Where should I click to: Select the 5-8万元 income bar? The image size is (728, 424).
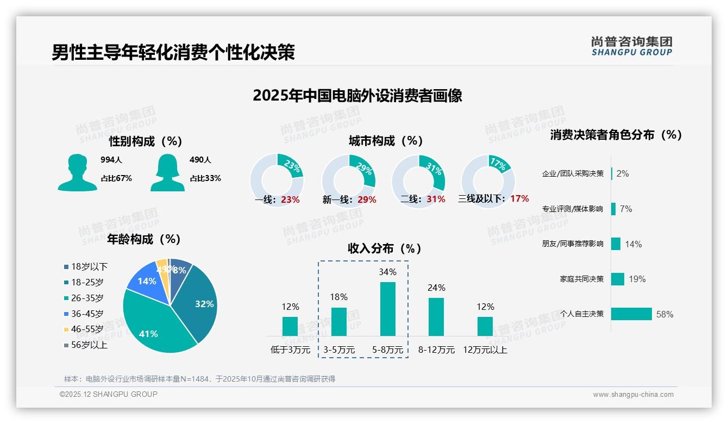pos(387,309)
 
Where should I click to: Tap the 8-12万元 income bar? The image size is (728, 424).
pos(436,316)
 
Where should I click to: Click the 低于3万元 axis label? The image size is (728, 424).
pos(290,350)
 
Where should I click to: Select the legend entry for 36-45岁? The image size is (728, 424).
pos(87,314)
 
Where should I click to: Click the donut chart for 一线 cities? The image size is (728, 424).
pos(277,180)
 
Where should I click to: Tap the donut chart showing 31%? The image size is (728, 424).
pos(418,180)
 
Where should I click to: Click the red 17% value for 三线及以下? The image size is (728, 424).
pos(519,199)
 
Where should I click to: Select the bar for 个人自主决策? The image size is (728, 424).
pos(631,314)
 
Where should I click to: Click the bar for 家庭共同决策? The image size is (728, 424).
pos(618,279)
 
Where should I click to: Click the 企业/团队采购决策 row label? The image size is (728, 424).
pos(573,174)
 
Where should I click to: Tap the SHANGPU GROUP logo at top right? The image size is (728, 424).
pos(631,46)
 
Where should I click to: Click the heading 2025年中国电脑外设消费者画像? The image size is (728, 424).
pos(357,96)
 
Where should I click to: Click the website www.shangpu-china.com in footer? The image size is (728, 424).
pos(633,395)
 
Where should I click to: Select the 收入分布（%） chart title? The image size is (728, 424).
pos(385,248)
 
